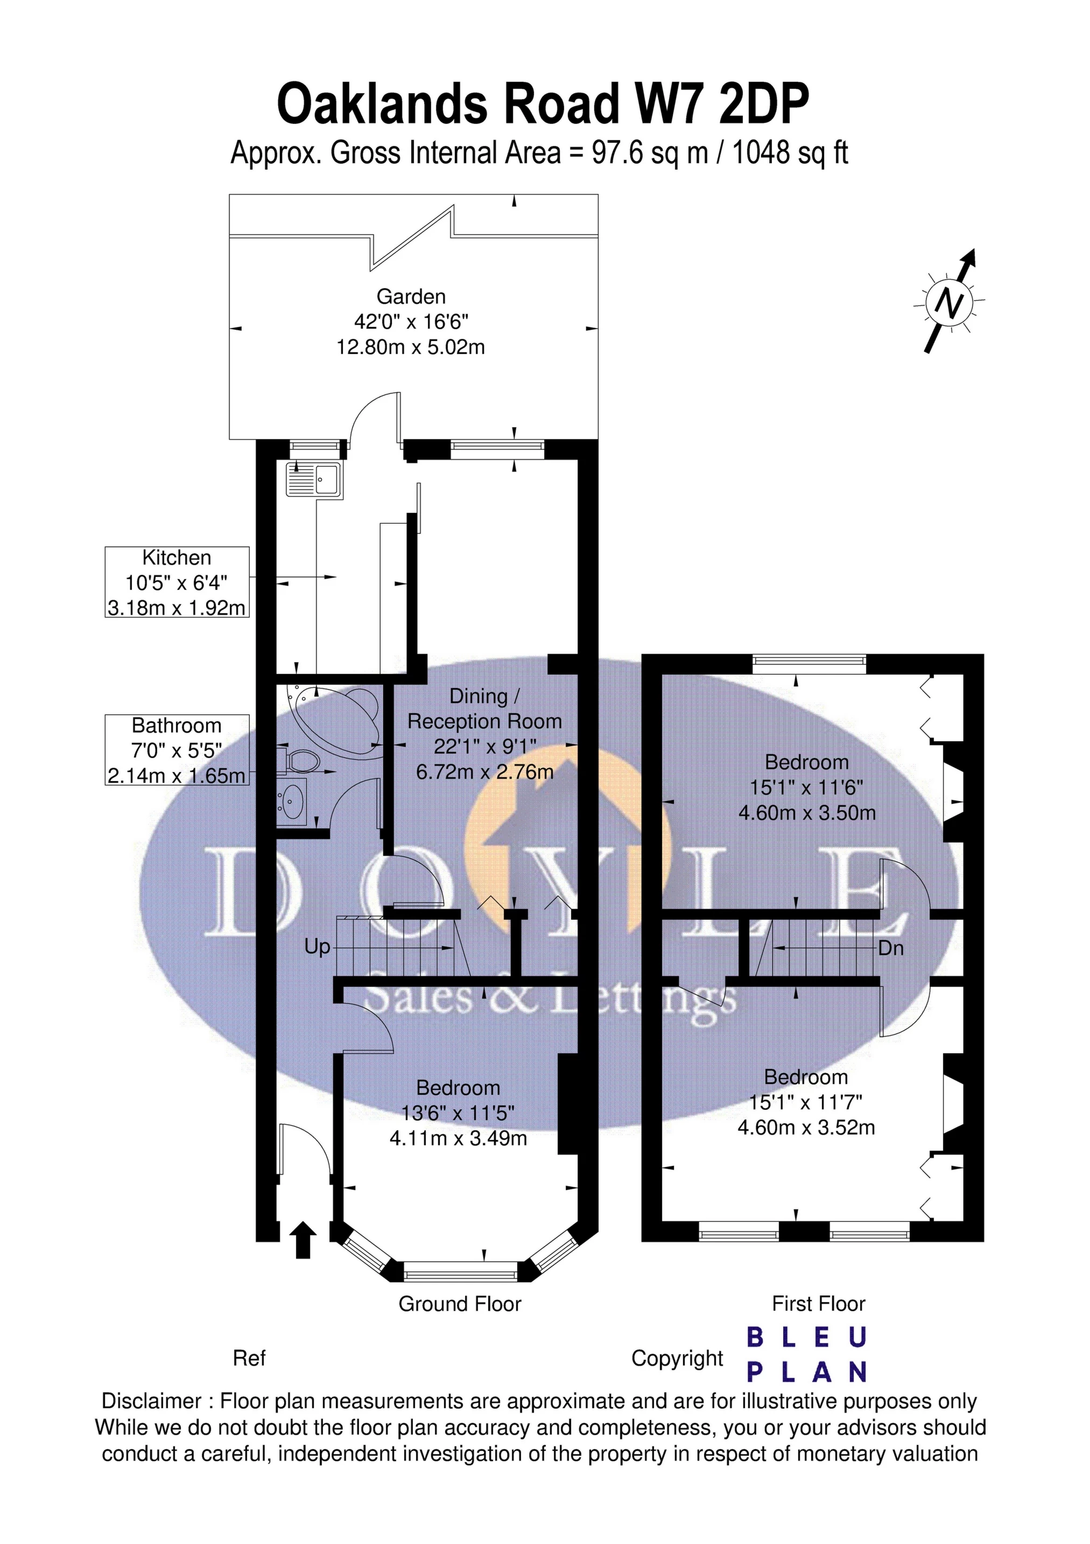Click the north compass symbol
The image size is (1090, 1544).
(949, 302)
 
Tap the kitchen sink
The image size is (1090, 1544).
(314, 479)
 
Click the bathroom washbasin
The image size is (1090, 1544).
(292, 800)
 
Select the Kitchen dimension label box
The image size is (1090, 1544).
(177, 582)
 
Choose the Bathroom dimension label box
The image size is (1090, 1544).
(177, 750)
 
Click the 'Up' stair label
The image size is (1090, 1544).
(317, 947)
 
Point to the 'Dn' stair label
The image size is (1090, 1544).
(891, 948)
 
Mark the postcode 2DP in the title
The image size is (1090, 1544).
(763, 103)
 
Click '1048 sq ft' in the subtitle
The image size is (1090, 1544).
(790, 154)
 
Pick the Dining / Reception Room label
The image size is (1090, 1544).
(484, 709)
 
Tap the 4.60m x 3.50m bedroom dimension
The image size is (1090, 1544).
(807, 813)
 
